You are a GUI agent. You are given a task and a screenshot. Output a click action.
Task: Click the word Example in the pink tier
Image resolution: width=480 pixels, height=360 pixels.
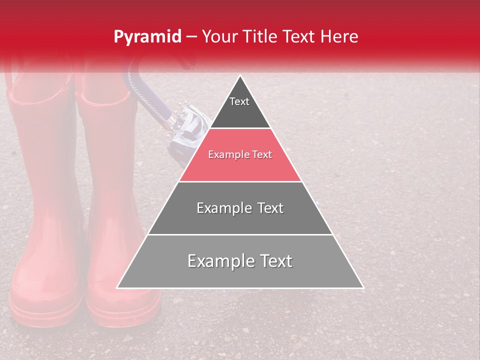point(224,155)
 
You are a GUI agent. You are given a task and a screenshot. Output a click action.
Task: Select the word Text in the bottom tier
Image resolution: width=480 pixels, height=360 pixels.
point(272,261)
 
